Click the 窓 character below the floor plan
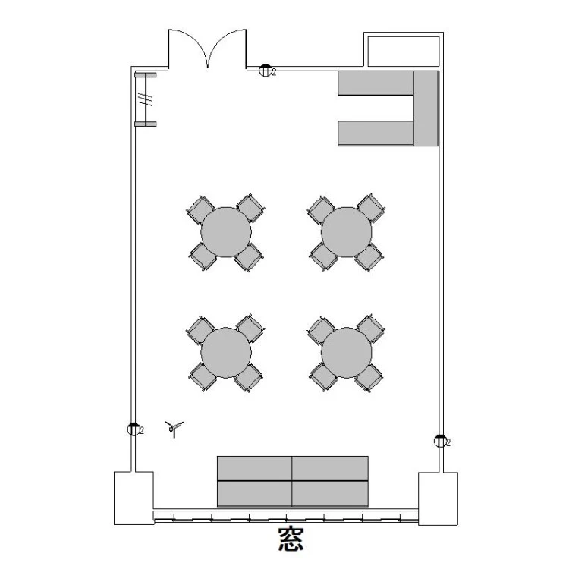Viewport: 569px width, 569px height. (x=291, y=539)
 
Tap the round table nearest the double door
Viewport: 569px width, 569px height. (x=226, y=232)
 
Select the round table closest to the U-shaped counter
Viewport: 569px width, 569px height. (x=347, y=232)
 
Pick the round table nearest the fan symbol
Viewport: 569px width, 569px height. (x=226, y=353)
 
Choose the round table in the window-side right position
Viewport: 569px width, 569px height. (x=347, y=353)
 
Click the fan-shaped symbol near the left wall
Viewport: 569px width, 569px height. (x=174, y=429)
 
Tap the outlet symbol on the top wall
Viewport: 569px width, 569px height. (x=266, y=70)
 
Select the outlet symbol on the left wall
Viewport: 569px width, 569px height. (x=134, y=429)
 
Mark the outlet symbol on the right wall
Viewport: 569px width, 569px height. (x=440, y=441)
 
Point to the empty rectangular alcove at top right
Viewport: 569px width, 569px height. (x=404, y=51)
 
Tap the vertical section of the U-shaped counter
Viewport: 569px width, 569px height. (x=426, y=108)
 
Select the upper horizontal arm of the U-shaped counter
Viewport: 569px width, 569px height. (x=376, y=83)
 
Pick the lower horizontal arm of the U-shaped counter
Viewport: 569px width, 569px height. (x=376, y=134)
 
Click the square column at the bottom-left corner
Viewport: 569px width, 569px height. (x=134, y=498)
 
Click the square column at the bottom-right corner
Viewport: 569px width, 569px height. (x=438, y=498)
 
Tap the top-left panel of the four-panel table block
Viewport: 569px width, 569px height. (x=254, y=469)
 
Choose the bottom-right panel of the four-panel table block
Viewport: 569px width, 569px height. (x=330, y=494)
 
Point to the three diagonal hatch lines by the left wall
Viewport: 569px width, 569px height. (x=145, y=99)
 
